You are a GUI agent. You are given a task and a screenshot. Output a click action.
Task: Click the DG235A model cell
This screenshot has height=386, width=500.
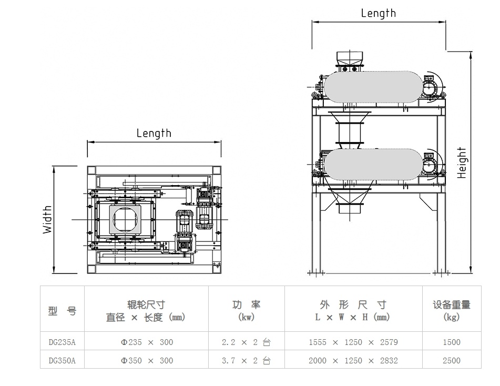point(62,342)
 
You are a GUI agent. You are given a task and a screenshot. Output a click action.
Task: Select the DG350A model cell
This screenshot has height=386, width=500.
point(62,360)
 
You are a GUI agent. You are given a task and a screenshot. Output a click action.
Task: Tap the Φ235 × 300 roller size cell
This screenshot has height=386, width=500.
point(147,342)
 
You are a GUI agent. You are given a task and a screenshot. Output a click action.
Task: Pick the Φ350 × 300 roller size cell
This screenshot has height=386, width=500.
point(147,360)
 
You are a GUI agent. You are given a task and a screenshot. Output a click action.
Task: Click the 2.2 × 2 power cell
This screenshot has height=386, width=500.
point(246,342)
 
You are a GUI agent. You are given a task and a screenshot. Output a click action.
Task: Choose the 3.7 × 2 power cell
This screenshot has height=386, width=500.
point(246,360)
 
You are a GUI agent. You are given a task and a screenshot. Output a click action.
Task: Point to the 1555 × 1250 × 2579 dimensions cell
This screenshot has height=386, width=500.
point(353,342)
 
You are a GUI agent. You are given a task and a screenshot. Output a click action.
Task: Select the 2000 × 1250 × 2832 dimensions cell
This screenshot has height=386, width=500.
point(353,360)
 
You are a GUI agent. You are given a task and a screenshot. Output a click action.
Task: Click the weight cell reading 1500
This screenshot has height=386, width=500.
point(451,342)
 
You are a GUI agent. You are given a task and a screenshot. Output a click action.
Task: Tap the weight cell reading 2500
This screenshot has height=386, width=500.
point(451,360)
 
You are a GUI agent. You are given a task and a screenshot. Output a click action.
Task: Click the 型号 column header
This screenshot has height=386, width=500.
point(62,311)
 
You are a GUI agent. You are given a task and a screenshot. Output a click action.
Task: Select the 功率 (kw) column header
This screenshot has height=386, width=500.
point(246,311)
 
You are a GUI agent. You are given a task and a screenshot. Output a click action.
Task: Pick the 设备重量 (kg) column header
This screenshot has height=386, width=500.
point(451,311)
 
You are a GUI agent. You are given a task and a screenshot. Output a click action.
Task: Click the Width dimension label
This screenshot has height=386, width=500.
point(48,219)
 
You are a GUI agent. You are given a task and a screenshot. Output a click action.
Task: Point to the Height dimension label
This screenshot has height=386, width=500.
point(462,162)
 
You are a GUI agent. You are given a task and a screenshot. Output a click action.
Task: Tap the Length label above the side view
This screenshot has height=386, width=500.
point(378,14)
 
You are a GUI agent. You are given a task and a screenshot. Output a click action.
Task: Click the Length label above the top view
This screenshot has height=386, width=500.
point(154,133)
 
